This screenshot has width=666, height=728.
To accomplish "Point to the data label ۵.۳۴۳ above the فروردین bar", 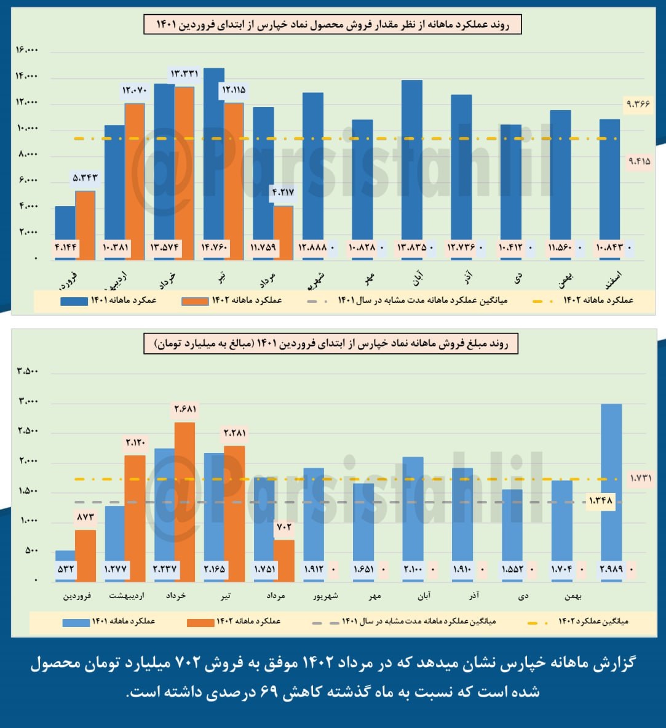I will tap(85, 178).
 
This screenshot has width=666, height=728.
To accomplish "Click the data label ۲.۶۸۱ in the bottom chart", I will tap(184, 409).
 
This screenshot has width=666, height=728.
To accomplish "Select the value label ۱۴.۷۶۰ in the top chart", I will tap(213, 248).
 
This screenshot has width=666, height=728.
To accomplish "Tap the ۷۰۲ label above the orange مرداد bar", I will tap(283, 527).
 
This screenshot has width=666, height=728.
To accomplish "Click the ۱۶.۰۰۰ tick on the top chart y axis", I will tap(27, 50).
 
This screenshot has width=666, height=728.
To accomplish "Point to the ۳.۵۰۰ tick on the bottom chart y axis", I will tap(28, 372).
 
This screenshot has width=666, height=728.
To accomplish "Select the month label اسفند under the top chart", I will tap(613, 278).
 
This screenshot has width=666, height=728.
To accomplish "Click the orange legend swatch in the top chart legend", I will tap(194, 301).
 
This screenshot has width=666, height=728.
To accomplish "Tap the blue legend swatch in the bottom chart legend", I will tap(76, 622).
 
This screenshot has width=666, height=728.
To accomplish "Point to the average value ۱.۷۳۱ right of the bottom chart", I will tap(640, 478).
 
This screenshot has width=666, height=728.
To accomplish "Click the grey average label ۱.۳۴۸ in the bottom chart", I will tap(600, 501).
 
